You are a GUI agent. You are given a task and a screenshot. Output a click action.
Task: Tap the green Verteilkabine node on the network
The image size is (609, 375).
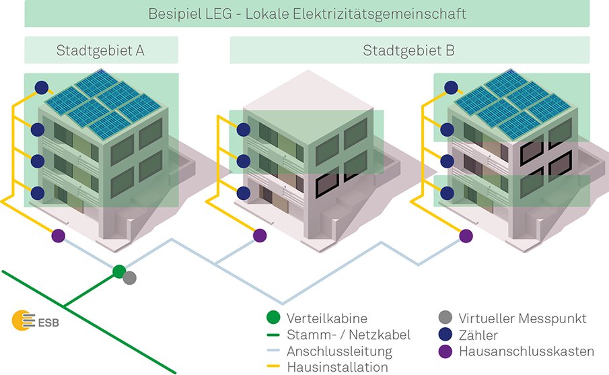119,271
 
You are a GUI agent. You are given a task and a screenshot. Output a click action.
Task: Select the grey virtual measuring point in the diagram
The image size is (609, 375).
130,277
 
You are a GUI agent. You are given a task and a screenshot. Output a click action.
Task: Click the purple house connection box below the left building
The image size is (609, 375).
58,236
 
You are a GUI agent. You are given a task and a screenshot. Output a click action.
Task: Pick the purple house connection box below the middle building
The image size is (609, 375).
260,236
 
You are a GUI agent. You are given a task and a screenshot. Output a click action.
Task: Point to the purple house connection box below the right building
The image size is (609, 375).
465,236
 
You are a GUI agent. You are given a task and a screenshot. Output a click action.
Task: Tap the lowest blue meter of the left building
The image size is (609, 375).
38,193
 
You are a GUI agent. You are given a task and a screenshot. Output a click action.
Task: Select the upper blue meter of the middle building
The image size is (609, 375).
242,129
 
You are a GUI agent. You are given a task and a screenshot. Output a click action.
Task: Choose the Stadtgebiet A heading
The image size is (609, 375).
101,50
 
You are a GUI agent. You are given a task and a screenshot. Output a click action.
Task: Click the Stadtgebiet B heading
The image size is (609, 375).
409,50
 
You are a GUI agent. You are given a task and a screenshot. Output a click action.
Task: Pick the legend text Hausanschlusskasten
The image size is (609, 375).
526,351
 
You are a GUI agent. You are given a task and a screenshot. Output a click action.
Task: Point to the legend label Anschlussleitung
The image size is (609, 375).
339,351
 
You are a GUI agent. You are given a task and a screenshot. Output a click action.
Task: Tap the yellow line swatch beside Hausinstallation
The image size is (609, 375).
273,367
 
